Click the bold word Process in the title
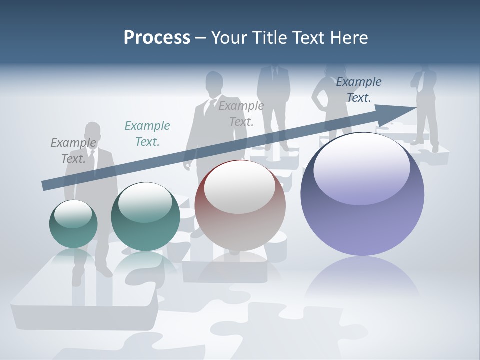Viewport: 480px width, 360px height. click(157, 38)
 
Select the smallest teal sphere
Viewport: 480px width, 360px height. click(73, 224)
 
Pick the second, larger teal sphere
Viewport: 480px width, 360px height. click(145, 216)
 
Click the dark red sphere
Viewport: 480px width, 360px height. click(240, 205)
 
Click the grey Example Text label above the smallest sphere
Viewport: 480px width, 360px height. click(73, 151)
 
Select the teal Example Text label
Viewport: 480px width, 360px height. click(147, 134)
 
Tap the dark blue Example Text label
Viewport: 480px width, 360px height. click(359, 90)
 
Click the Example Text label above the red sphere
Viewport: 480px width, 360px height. click(241, 114)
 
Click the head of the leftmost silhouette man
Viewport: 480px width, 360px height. click(92, 132)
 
